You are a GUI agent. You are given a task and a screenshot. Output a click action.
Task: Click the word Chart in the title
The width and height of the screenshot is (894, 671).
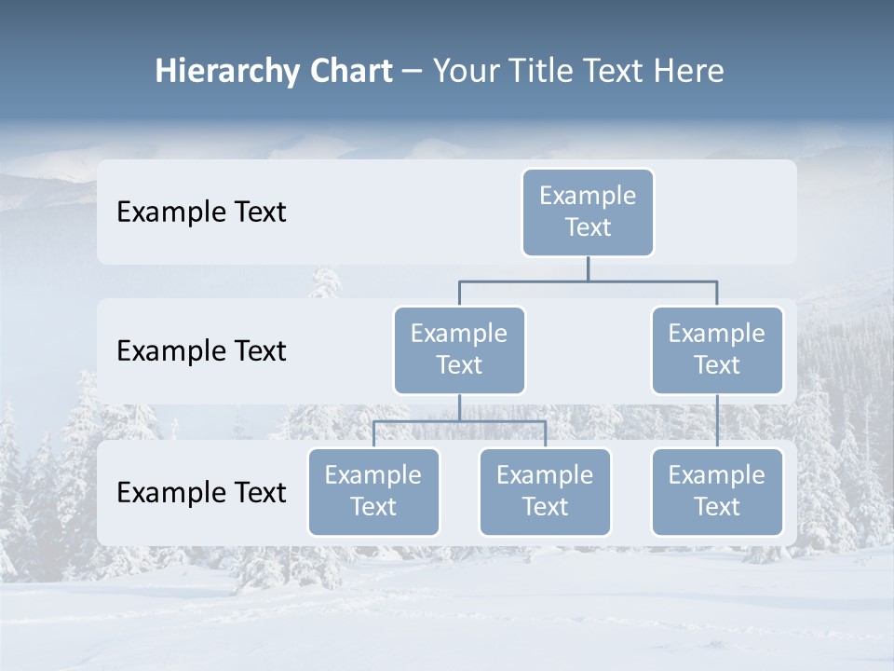349,72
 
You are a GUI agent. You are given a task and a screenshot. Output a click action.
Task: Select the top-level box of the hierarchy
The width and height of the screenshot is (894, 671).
588,212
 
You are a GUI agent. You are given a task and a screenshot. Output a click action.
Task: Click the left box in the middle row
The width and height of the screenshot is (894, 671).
459,350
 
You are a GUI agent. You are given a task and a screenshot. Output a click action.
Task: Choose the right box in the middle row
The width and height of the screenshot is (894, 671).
717,350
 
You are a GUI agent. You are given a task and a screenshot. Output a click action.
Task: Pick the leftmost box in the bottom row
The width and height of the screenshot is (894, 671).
373,492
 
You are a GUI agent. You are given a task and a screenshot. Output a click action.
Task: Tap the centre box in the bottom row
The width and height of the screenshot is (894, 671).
545,492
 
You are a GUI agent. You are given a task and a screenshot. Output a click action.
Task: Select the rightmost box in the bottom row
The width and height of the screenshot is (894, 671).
717,492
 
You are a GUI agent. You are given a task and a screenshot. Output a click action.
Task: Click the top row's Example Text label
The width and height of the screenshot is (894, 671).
201,212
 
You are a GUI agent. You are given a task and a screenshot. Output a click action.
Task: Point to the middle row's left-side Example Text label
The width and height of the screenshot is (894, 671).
201,351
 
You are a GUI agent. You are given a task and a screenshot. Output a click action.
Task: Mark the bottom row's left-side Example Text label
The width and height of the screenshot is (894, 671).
201,493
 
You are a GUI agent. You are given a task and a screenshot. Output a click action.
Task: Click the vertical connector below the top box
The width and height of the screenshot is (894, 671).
588,268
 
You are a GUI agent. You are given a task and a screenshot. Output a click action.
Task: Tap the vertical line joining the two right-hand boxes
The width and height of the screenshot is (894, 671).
717,421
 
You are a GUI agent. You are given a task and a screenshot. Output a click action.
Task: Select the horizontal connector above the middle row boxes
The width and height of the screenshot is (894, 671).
521,281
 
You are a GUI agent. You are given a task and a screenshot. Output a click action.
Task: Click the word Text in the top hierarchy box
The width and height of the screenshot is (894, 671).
588,227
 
